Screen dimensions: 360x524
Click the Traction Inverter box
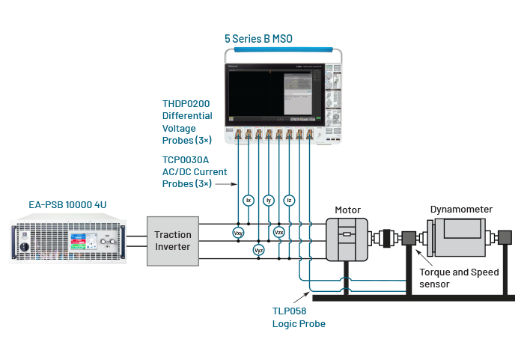172,240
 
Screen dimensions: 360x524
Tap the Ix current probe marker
249,200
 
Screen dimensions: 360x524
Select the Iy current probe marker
269,200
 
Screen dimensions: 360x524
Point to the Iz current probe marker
289,200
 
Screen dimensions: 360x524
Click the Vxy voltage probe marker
239,233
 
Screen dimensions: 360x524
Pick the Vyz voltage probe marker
259,249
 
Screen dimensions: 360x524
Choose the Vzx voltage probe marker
279,233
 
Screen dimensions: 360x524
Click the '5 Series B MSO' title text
259,37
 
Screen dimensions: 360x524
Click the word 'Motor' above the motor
347,210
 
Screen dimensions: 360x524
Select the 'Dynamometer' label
461,210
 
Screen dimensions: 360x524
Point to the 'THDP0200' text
187,104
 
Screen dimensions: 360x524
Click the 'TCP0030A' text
187,159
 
